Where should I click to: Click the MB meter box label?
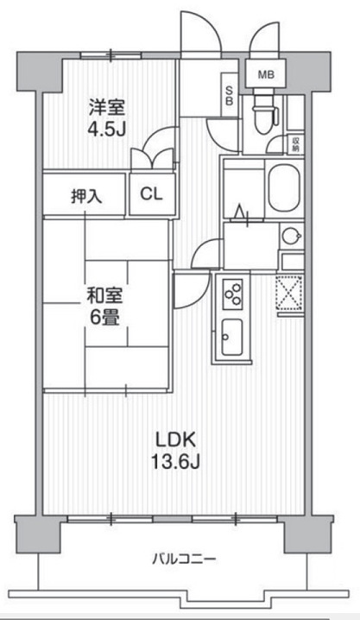265,74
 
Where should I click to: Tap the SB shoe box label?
228,92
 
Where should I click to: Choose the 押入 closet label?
85,195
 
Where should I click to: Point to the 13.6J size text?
173,462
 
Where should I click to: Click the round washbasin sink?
290,234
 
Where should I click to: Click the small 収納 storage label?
295,142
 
